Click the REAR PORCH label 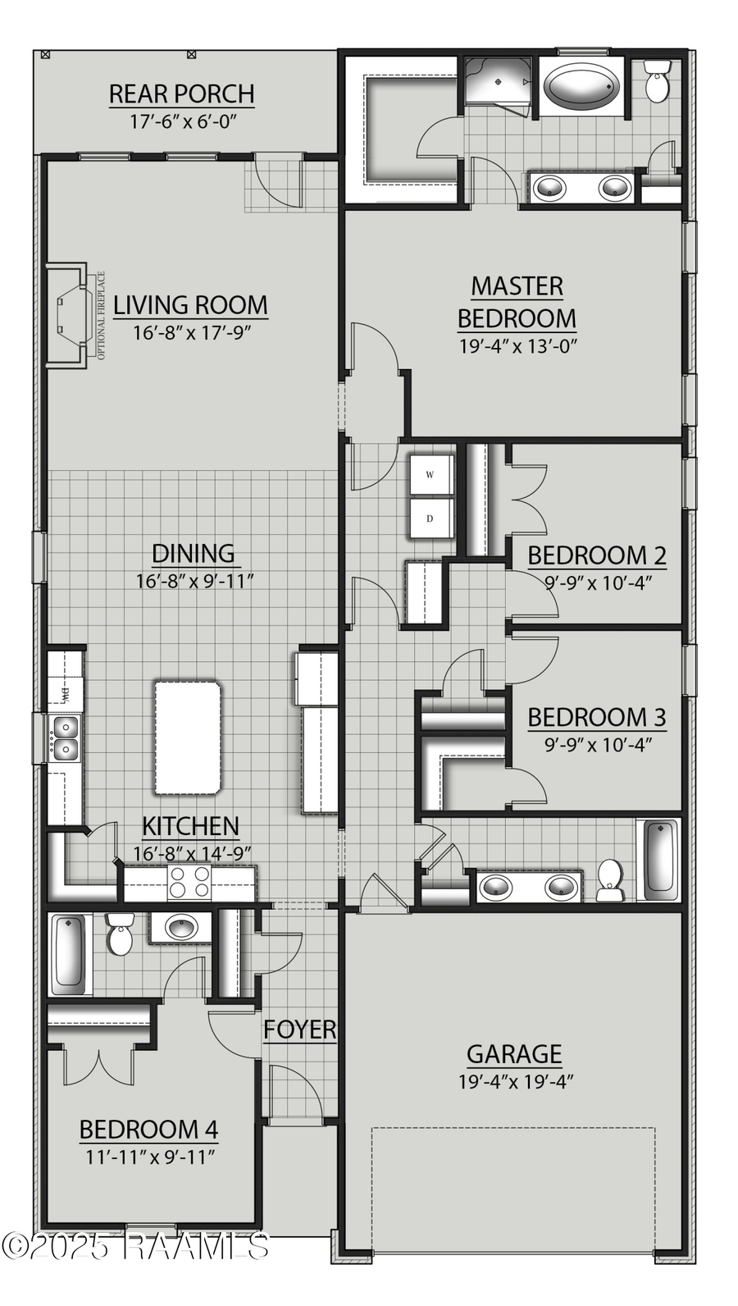click(x=181, y=94)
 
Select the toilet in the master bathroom click(x=657, y=81)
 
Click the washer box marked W click(x=430, y=475)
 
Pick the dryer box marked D click(x=430, y=518)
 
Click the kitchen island click(x=188, y=737)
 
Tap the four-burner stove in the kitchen click(x=189, y=883)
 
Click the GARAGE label click(x=514, y=1053)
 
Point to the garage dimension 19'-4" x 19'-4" click(x=515, y=1081)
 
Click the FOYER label click(x=299, y=1030)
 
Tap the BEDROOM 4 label click(x=148, y=1130)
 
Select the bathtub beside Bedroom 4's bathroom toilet click(x=68, y=952)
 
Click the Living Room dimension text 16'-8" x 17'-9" click(x=191, y=333)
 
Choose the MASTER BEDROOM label click(x=517, y=302)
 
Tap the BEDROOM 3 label click(x=596, y=717)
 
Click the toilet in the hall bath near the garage click(x=609, y=880)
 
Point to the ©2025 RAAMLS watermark click(x=135, y=1246)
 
